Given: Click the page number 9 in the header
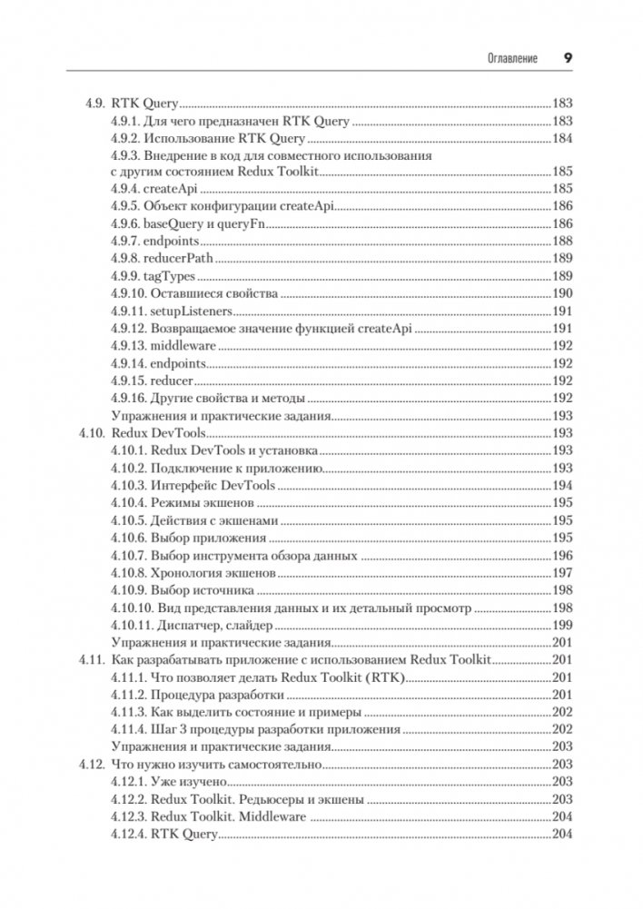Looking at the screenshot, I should tap(567, 58).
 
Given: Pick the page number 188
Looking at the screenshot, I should tap(562, 242).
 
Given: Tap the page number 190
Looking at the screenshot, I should tap(562, 293).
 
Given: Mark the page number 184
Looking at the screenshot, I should tap(562, 138).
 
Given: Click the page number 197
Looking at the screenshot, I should tap(562, 572).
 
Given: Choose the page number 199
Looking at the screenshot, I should tap(562, 625).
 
